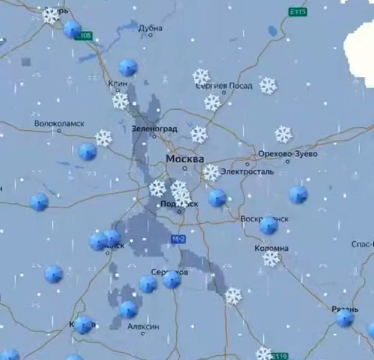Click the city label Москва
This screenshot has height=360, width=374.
tap(185, 159)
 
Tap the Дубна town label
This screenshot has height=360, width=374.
tap(150, 28)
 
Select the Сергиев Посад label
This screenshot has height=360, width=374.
tap(224, 86)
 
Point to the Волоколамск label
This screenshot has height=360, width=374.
tap(59, 124)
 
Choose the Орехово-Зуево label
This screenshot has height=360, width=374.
tap(288, 154)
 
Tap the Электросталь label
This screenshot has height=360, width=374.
tap(248, 172)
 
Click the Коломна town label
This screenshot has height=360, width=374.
tap(272, 248)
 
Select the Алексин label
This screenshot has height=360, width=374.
tap(143, 326)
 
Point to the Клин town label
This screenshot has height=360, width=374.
tap(118, 83)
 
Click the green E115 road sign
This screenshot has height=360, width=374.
tap(297, 12)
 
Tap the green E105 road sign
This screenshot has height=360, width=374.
tap(85, 36)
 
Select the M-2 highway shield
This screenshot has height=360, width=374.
tap(178, 239)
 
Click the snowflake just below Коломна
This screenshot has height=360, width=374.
tap(272, 259)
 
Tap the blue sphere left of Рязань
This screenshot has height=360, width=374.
tap(345, 318)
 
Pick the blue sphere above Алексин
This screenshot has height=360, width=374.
tap(128, 310)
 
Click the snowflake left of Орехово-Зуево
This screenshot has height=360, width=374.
tap(283, 134)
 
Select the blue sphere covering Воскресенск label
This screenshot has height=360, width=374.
tap(269, 225)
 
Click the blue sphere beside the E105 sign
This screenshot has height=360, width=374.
tap(73, 29)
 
